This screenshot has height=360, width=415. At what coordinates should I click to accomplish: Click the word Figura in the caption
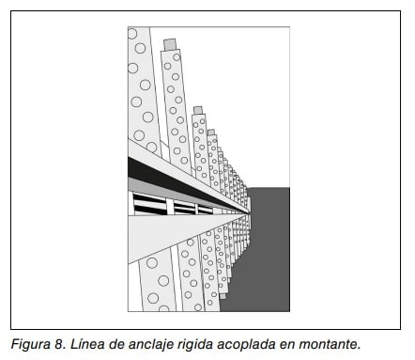[29, 344]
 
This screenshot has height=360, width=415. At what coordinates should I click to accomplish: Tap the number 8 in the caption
[57, 344]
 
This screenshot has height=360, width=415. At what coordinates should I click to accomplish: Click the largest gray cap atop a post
[170, 44]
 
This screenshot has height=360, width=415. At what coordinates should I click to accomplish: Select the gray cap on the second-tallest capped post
[198, 110]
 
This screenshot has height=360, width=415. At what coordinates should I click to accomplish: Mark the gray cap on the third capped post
[211, 133]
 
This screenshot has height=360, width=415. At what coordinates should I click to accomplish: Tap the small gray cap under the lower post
[223, 296]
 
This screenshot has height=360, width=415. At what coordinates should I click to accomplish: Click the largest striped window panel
[149, 204]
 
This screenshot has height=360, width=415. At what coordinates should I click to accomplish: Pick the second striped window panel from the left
[184, 208]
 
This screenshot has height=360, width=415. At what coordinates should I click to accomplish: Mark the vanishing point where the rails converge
[250, 213]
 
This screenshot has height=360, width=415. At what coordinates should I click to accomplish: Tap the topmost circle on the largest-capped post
[177, 57]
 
